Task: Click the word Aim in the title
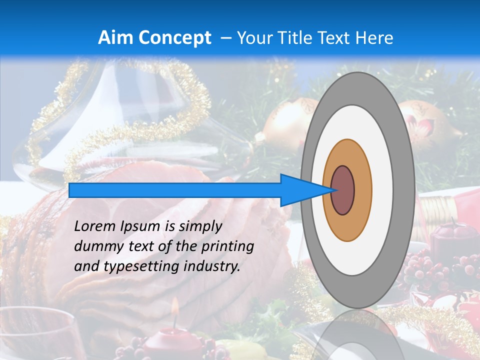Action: (116, 38)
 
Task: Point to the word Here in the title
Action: (374, 38)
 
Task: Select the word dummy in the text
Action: (95, 246)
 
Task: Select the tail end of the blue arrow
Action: (70, 190)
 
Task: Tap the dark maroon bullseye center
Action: (342, 190)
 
